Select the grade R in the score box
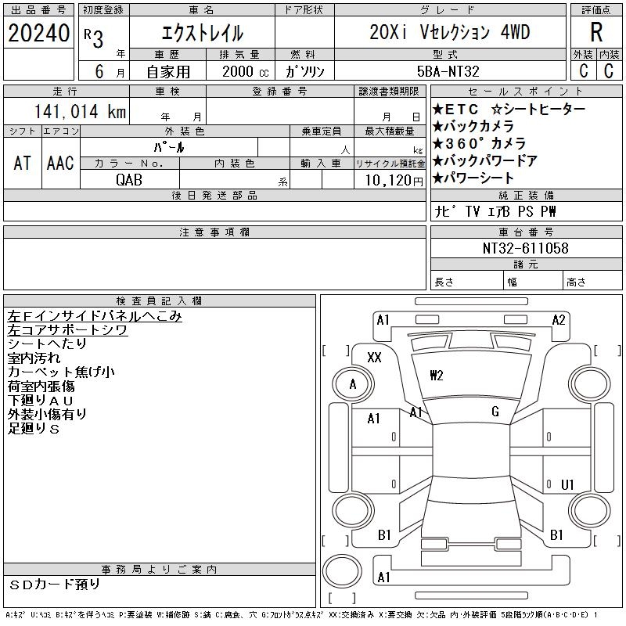pos(596,33)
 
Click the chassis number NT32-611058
pos(526,248)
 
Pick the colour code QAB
pos(130,179)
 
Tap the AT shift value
pos(22,163)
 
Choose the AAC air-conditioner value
pos(60,163)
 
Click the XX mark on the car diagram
pos(374,358)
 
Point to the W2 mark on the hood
pos(436,375)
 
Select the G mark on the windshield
pos(495,412)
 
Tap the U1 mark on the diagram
pos(568,484)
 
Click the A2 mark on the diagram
pos(558,319)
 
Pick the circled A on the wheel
pos(353,384)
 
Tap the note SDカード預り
pos(56,584)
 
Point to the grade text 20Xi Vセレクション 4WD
pos(450,33)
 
